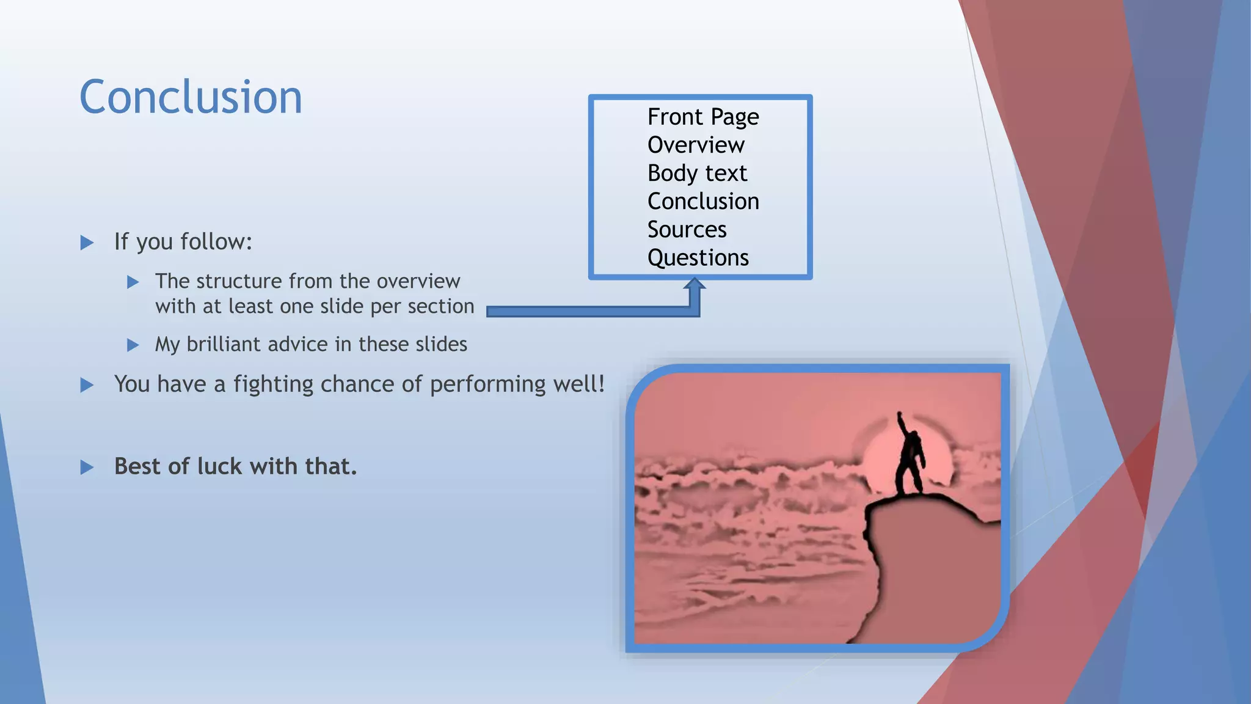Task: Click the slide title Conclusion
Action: pyautogui.click(x=191, y=98)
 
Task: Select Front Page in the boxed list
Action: pyautogui.click(x=702, y=117)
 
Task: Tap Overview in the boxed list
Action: pyautogui.click(x=695, y=145)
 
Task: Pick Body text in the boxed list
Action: pyautogui.click(x=696, y=173)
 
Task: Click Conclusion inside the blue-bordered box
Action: pyautogui.click(x=702, y=201)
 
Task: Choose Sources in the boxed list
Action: pyautogui.click(x=687, y=229)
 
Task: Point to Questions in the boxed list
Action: pyautogui.click(x=698, y=257)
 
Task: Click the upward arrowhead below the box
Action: pyautogui.click(x=695, y=285)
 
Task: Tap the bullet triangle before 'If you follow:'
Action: pyautogui.click(x=87, y=243)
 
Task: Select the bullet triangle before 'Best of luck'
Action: pyautogui.click(x=87, y=468)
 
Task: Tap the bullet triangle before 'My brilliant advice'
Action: pyautogui.click(x=133, y=345)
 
